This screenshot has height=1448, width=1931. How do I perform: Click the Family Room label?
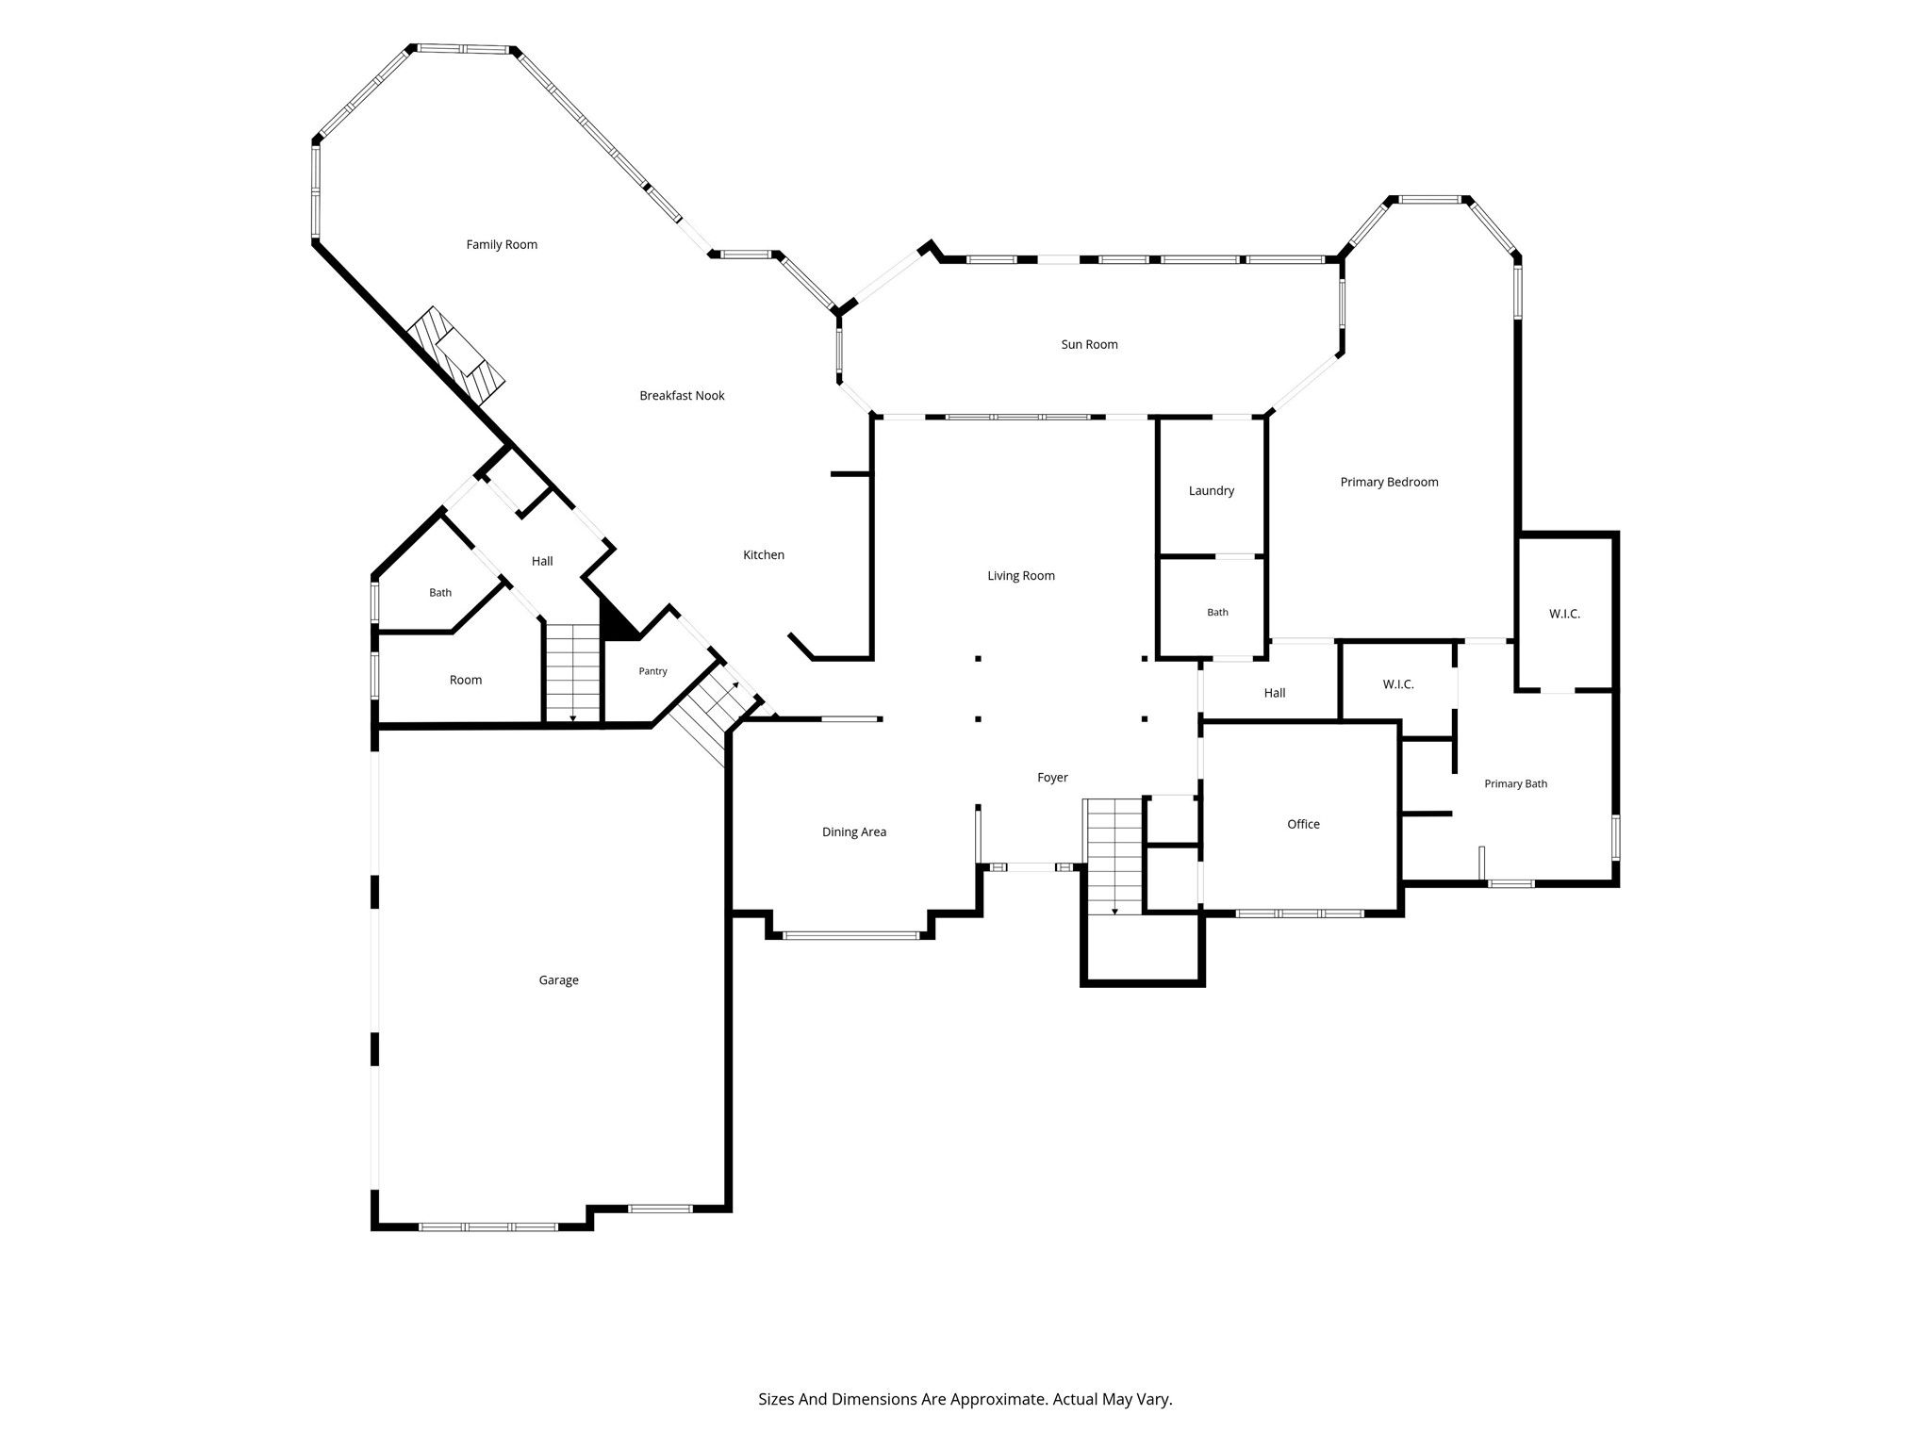point(502,245)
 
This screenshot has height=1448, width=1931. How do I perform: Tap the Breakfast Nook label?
point(682,396)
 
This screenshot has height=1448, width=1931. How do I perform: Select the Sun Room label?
point(1089,345)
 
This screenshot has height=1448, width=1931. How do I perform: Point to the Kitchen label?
point(764,555)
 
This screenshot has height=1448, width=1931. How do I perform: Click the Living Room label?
point(1021,576)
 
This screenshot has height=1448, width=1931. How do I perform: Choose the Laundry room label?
point(1212,491)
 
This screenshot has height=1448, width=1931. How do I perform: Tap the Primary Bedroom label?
point(1390,483)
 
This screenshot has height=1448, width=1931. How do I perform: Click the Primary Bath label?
point(1516,784)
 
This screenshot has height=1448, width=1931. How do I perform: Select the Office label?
point(1304,825)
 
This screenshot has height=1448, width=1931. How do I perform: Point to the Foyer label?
point(1052,778)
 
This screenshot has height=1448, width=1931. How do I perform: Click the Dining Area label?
point(854,832)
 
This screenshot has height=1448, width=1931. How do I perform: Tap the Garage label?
point(558,980)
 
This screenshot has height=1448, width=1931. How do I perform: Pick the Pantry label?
point(652,672)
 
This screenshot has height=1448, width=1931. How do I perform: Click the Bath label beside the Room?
point(440,593)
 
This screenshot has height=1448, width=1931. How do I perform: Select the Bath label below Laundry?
point(1218,613)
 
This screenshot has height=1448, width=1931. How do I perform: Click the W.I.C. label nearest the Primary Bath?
point(1398,684)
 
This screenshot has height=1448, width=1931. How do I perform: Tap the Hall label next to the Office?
point(1275,693)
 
